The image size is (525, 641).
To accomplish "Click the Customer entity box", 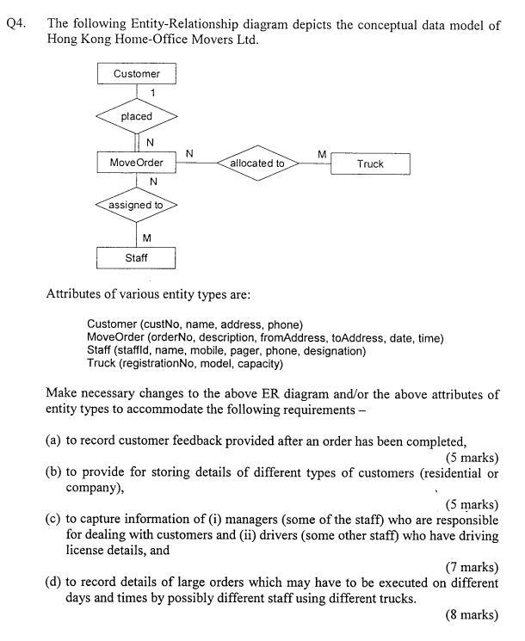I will click(136, 74).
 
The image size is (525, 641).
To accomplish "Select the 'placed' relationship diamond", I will click(136, 116).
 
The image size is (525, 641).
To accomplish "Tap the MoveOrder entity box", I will click(136, 163).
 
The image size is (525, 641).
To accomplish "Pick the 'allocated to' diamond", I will click(257, 163).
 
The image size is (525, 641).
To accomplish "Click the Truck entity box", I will click(370, 163).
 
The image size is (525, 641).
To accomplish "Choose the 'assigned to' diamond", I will click(136, 206).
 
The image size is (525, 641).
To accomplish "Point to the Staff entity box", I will click(136, 257).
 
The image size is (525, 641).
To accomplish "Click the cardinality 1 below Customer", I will click(152, 92).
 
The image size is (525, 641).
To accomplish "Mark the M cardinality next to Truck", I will click(321, 154).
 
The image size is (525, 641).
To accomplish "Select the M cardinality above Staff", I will click(147, 237).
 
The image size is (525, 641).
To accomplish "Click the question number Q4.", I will click(15, 25).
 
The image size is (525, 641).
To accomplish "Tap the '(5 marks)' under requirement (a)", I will click(472, 457).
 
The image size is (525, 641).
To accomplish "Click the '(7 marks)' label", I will click(472, 566).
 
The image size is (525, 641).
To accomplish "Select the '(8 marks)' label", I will click(472, 614).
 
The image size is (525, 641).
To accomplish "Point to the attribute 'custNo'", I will click(162, 324).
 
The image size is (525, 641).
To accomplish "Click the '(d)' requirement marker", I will click(54, 582).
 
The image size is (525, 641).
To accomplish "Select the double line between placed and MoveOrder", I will click(136, 141).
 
